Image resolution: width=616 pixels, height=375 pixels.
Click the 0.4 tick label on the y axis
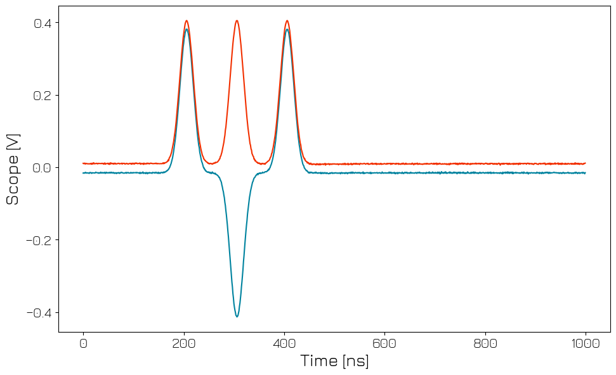[x=42, y=23]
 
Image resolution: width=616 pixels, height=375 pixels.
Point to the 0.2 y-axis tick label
[x=42, y=96]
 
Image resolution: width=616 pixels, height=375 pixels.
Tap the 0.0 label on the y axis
[x=42, y=168]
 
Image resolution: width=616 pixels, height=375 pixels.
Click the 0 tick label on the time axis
[x=83, y=343]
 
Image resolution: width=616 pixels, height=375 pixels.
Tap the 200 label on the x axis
[x=183, y=343]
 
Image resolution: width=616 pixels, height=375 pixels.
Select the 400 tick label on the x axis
[x=284, y=343]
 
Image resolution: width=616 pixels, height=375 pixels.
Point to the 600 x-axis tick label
[x=384, y=343]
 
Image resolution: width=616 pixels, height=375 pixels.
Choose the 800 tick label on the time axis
[x=485, y=343]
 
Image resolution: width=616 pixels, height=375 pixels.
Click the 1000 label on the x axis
[x=585, y=343]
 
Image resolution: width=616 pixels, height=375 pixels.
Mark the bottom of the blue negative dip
[x=237, y=316]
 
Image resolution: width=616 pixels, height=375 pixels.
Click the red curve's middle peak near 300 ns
[x=237, y=21]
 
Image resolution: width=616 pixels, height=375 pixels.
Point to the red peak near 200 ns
[x=187, y=21]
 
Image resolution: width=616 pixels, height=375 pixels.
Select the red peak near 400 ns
[x=287, y=21]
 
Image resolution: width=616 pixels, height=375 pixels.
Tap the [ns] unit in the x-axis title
[x=355, y=362]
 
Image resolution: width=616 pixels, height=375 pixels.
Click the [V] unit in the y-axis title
[x=13, y=143]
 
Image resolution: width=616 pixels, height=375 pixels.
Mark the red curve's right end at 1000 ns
[x=585, y=163]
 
